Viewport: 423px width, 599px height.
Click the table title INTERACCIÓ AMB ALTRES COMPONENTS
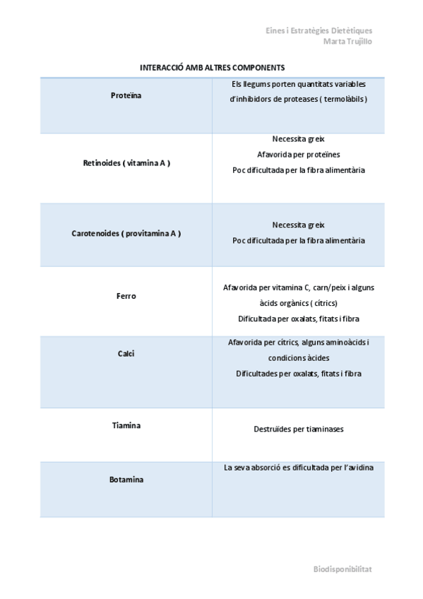coord(212,68)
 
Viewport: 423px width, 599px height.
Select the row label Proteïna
coord(126,95)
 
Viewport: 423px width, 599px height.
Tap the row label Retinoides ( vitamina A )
coord(126,163)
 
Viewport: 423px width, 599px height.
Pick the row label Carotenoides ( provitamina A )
coord(126,233)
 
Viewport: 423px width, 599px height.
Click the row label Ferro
coord(126,296)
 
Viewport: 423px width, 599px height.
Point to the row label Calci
coord(126,353)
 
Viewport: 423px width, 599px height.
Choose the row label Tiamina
coord(126,425)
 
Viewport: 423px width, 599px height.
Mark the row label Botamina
coord(126,480)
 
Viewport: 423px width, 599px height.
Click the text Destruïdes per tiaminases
coord(298,429)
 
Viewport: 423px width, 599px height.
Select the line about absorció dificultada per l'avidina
coord(298,468)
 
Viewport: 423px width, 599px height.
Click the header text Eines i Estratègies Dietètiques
coord(319,31)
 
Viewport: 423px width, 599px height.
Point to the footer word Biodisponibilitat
coord(342,569)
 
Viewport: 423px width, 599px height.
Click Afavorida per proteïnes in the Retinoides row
coord(298,155)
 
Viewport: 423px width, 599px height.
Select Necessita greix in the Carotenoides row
coord(298,225)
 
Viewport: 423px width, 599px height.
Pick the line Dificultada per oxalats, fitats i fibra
coord(298,319)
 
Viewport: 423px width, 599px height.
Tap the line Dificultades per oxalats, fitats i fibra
coord(298,374)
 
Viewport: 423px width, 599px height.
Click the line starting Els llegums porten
coord(298,84)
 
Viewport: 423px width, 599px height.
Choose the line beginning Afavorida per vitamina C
coord(298,288)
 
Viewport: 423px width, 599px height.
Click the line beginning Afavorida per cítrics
coord(298,343)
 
